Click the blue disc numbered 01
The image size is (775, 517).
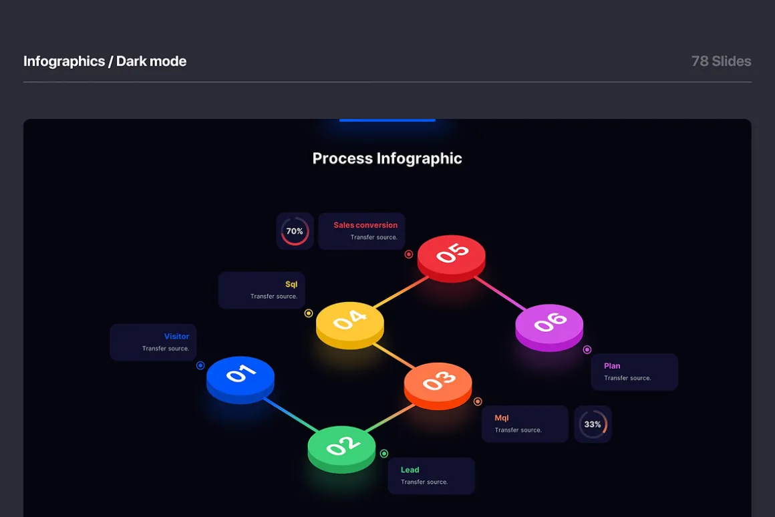241,379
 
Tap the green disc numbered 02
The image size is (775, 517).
341,450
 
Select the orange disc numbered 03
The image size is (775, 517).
438,386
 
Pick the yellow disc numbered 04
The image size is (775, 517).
350,325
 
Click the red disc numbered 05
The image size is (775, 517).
451,258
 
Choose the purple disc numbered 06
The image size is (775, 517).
549,328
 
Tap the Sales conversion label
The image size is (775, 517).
365,225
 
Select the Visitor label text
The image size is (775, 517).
176,336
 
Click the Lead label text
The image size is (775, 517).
410,470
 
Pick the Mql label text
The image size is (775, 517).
501,417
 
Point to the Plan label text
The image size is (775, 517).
612,366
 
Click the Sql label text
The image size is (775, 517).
291,284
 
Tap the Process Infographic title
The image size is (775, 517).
387,158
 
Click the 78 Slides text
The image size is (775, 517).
721,61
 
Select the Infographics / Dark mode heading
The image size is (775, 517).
105,61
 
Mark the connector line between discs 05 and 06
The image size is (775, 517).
500,293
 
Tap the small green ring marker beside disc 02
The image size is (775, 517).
384,454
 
